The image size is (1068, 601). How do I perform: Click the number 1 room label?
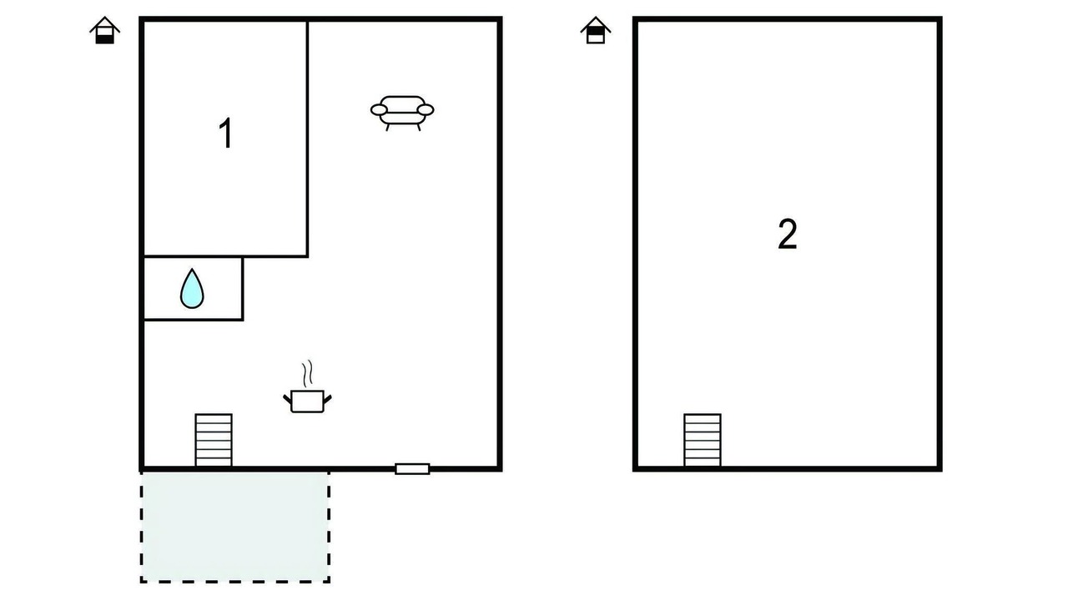coord(225,134)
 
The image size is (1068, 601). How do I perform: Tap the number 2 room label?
coord(787,235)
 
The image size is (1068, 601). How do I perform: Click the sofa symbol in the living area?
coord(402,113)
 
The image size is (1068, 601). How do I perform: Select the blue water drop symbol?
coord(192,289)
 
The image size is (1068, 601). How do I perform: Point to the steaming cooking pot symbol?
coord(308,386)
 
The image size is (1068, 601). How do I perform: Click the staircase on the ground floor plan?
coord(214,440)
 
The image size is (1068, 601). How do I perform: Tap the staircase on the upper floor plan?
coord(703,440)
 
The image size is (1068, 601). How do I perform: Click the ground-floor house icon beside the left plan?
coord(105,31)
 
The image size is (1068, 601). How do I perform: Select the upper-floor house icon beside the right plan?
coord(596,31)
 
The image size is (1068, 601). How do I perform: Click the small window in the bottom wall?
coord(412,469)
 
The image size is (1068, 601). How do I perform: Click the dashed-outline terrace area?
coord(235,527)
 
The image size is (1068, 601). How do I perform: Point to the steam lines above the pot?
coord(309,373)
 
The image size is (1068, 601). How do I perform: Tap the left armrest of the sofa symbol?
coord(379,110)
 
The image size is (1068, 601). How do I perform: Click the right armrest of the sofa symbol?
coord(426,110)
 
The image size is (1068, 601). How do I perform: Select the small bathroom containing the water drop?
coord(193,289)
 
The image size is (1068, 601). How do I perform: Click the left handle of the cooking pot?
coord(288,399)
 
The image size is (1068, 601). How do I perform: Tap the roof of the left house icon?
coord(105,24)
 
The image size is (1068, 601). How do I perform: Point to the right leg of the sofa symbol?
coord(419,128)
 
